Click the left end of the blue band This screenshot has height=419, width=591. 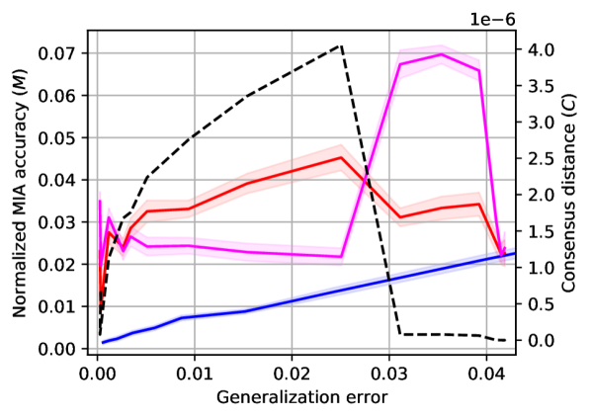(x=103, y=342)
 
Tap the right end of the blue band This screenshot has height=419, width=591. (x=511, y=254)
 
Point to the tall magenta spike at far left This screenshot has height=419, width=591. (x=100, y=193)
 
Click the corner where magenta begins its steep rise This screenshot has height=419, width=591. (x=342, y=259)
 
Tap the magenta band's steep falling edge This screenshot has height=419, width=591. (x=491, y=168)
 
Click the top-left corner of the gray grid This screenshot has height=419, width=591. (x=97, y=53)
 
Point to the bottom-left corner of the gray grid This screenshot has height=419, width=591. (x=97, y=348)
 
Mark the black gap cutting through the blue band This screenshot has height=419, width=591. (x=388, y=280)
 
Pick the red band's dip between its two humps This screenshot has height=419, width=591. (x=402, y=219)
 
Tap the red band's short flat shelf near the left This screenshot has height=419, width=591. (x=168, y=208)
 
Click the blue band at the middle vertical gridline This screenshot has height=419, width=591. (x=292, y=299)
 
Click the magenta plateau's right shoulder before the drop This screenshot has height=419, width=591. (x=479, y=64)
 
